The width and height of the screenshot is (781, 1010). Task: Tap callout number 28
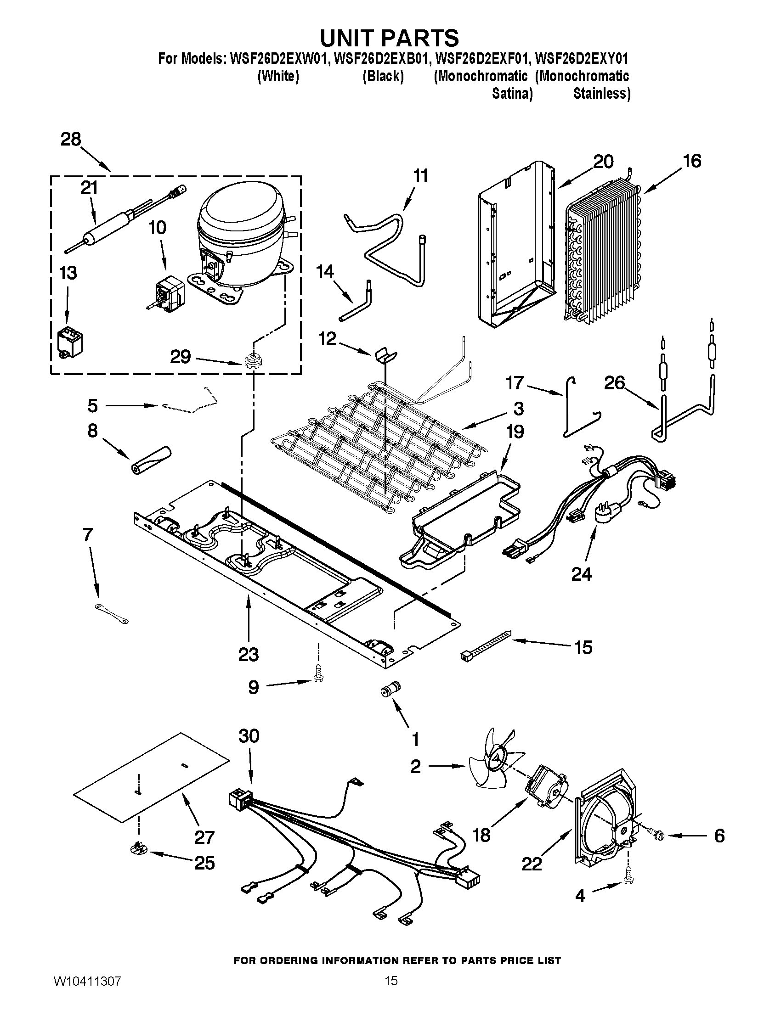tap(71, 139)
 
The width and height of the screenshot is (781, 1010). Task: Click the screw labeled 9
tap(318, 676)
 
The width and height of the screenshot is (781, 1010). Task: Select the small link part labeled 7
tap(112, 614)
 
